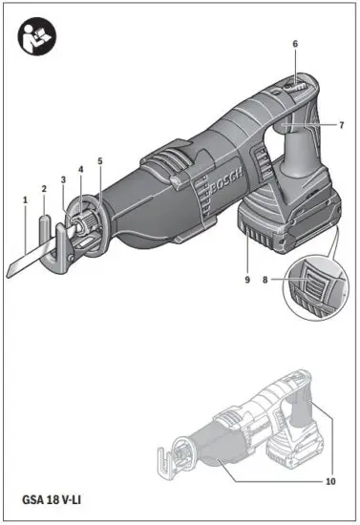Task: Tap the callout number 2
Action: pyautogui.click(x=43, y=189)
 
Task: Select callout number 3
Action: pyautogui.click(x=63, y=179)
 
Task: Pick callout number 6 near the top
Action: pyautogui.click(x=295, y=45)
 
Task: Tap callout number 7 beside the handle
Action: pyautogui.click(x=340, y=125)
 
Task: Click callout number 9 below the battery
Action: pyautogui.click(x=246, y=280)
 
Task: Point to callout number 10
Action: pyautogui.click(x=330, y=481)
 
